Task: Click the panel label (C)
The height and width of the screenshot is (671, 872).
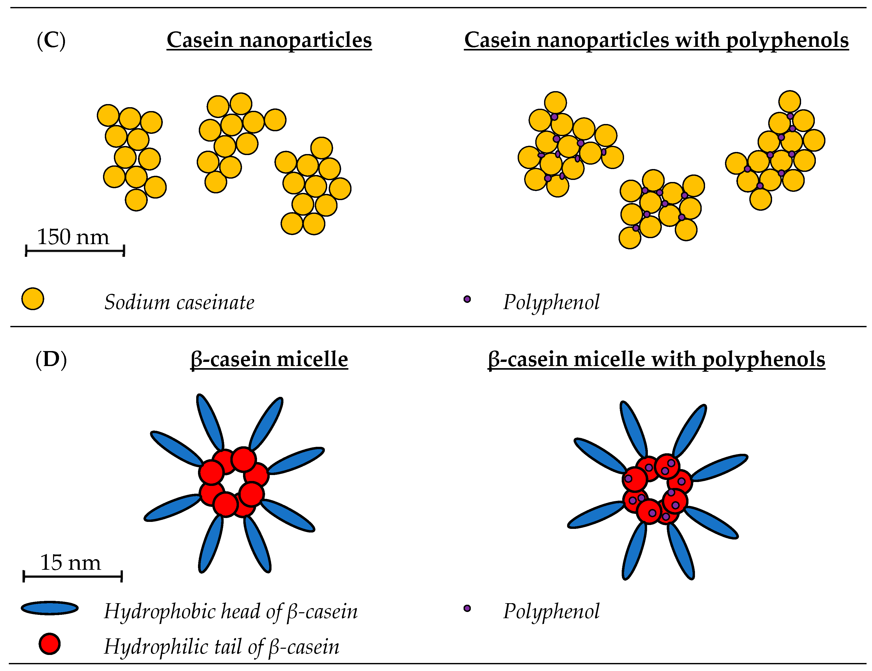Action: click(x=51, y=41)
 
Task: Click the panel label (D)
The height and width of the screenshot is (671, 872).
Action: click(x=51, y=360)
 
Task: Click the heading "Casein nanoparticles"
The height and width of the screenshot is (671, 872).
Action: click(x=269, y=40)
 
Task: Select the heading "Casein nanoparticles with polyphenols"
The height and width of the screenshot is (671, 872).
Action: click(x=656, y=40)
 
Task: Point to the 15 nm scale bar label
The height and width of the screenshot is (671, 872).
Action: click(x=71, y=563)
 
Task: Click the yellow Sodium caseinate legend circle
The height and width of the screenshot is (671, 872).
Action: click(x=33, y=299)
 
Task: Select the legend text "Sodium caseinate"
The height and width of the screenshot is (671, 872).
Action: click(x=179, y=302)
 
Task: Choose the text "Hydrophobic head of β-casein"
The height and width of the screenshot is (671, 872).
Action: click(x=231, y=611)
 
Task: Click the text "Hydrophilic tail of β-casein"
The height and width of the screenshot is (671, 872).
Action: click(x=222, y=647)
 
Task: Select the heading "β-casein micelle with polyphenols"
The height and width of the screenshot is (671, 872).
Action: click(x=656, y=360)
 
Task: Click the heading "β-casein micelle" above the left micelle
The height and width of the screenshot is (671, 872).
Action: click(x=269, y=360)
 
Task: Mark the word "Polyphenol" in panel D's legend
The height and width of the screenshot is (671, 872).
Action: click(x=551, y=611)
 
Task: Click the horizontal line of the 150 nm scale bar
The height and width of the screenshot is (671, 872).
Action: click(x=75, y=251)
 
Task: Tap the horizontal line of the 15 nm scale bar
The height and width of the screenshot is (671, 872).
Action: click(x=73, y=576)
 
